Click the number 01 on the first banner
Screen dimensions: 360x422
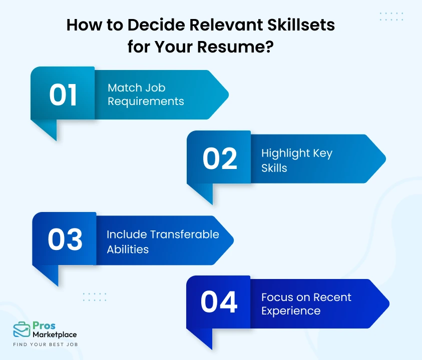coord(63,95)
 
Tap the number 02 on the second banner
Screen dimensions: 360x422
coord(219,159)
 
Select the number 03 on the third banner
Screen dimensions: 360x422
coord(65,240)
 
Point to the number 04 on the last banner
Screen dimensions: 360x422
coord(219,302)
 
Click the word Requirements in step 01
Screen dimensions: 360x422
coord(146,101)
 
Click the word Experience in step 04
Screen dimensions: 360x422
coord(290,310)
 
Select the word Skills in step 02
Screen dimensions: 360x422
coord(274,167)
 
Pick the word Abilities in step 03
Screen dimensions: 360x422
coord(128,248)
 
